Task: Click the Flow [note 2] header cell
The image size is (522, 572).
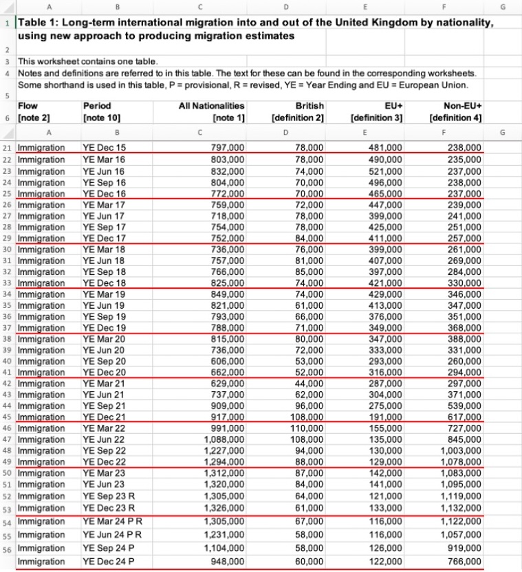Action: click(34, 112)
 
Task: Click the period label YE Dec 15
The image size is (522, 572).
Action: click(104, 147)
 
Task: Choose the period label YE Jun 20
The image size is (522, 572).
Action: click(104, 350)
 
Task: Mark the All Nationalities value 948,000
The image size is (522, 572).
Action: click(226, 561)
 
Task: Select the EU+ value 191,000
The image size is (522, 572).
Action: click(385, 417)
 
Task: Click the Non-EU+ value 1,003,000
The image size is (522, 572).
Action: click(462, 450)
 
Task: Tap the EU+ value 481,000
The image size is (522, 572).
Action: click(385, 147)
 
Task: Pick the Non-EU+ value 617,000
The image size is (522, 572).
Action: click(466, 417)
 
